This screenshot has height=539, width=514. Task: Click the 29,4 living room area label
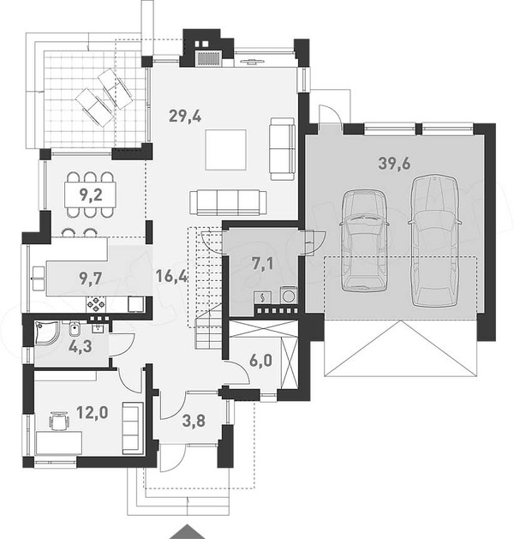click(x=185, y=117)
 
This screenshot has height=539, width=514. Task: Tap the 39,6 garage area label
click(x=394, y=164)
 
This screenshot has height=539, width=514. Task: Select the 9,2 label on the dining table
click(x=91, y=195)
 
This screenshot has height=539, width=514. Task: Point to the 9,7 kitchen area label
click(x=91, y=278)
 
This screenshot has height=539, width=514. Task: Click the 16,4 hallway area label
click(x=171, y=276)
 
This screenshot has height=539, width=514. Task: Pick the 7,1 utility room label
click(x=262, y=264)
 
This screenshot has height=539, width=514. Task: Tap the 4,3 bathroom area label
click(x=80, y=346)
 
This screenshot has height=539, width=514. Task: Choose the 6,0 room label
click(x=260, y=360)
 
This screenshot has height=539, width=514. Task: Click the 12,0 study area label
click(x=92, y=412)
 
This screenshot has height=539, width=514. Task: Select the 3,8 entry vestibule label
click(x=194, y=421)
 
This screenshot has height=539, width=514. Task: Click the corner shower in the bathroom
click(x=47, y=333)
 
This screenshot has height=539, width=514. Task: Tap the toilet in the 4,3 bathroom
click(x=75, y=329)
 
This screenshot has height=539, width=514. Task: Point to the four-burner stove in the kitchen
click(x=97, y=304)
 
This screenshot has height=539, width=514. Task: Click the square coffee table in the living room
click(x=226, y=149)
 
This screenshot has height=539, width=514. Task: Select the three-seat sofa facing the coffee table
click(x=228, y=202)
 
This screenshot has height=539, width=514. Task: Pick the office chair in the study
click(x=58, y=421)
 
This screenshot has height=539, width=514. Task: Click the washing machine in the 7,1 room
click(x=289, y=295)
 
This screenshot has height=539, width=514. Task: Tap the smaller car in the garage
click(x=364, y=240)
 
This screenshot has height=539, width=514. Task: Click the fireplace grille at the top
click(x=207, y=58)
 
